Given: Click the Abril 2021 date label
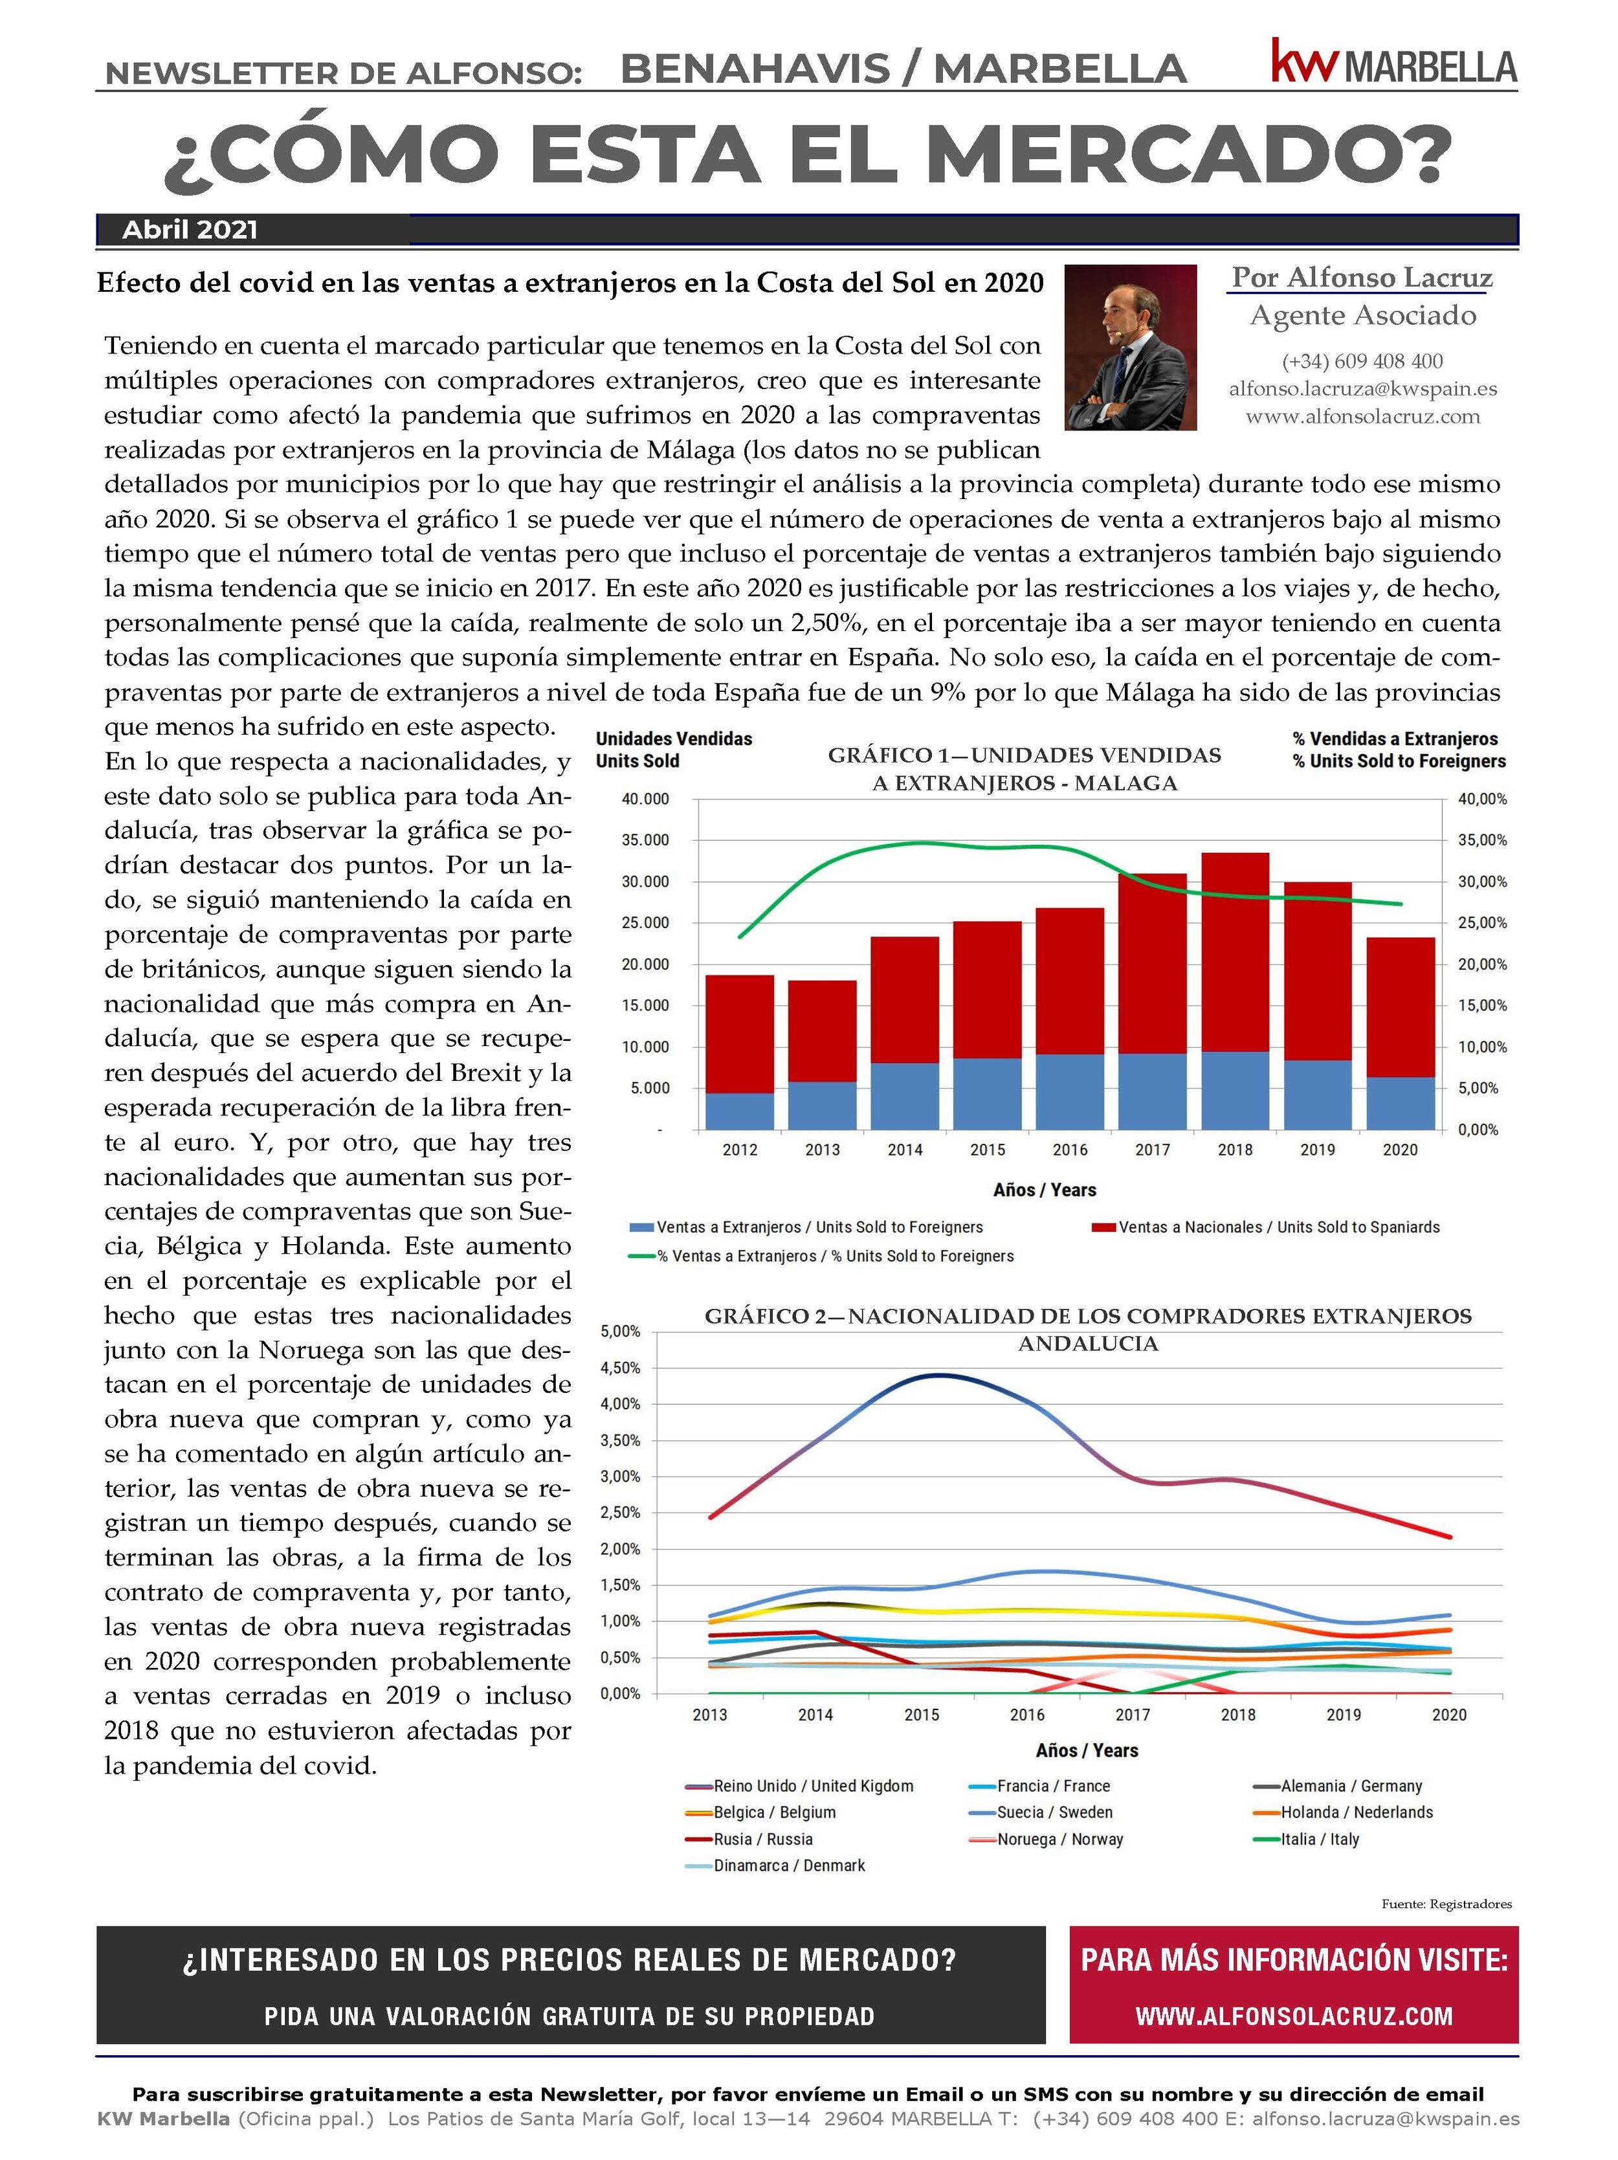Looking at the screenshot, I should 190,230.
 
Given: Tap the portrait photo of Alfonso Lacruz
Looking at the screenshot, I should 1130,347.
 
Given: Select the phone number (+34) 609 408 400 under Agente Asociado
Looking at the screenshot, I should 1362,361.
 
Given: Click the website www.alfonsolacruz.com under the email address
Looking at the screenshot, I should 1362,417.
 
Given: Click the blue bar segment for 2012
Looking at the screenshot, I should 739,1110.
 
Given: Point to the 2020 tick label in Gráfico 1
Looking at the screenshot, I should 1399,1150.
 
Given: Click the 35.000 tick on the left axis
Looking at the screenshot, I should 645,840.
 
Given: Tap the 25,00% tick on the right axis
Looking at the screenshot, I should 1481,923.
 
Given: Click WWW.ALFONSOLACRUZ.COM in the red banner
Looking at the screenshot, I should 1294,2016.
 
